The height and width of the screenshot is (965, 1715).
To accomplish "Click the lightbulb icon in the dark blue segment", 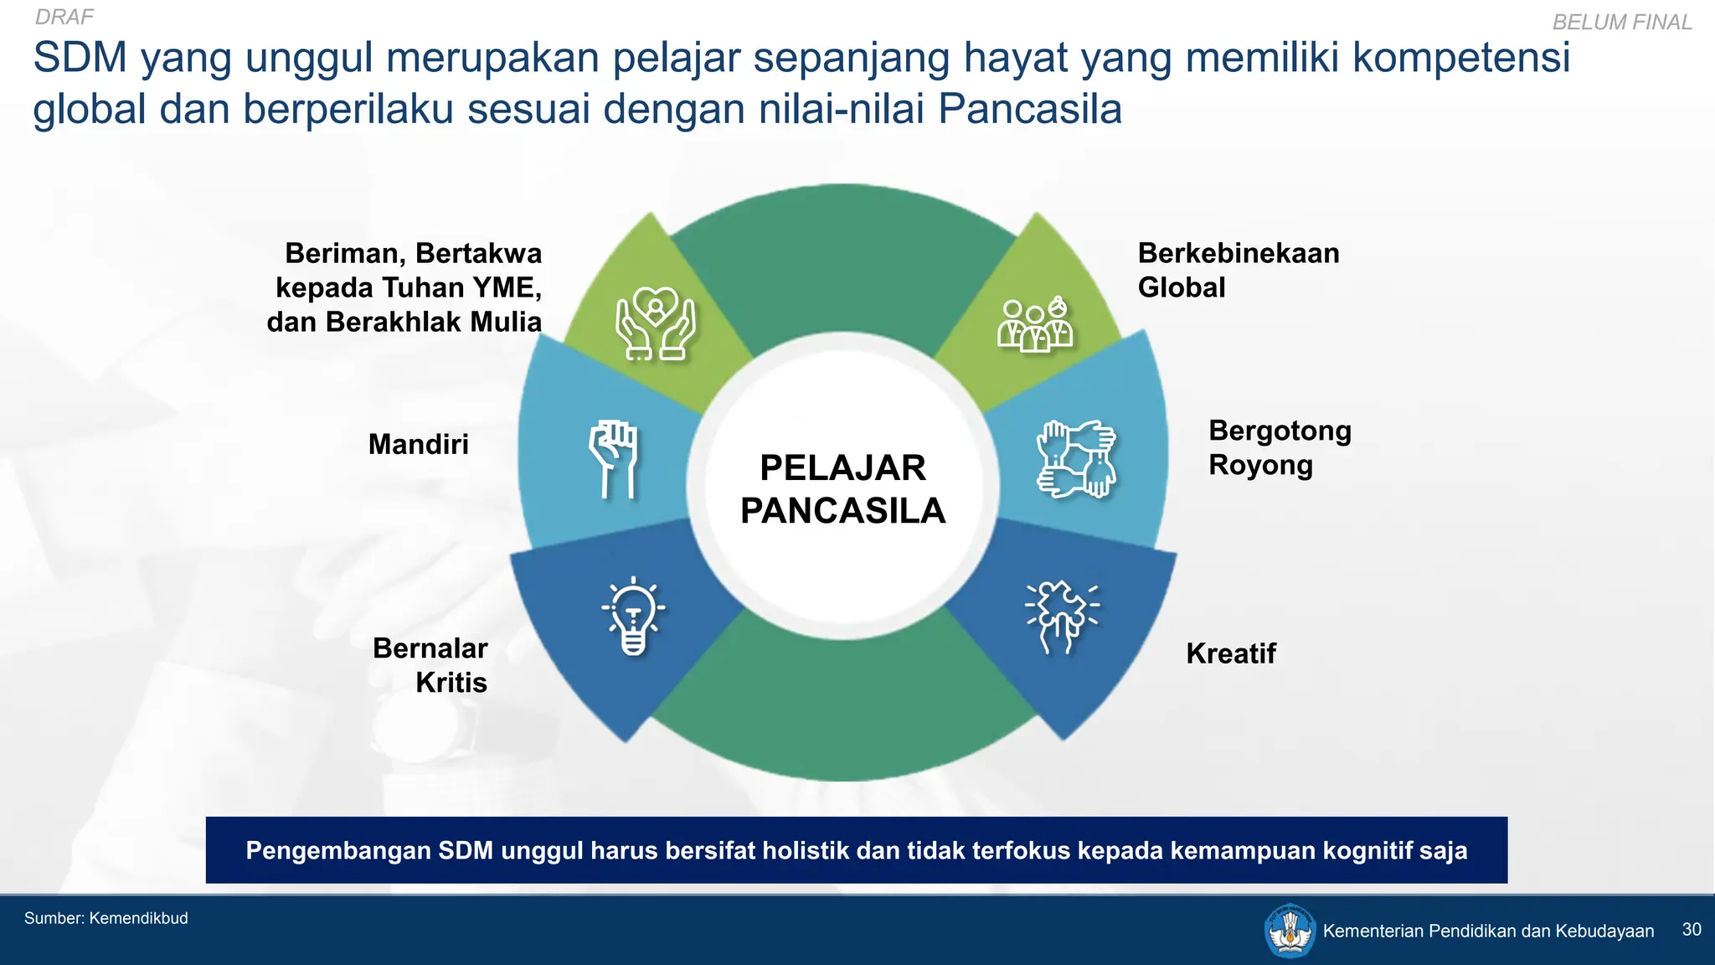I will pyautogui.click(x=634, y=617).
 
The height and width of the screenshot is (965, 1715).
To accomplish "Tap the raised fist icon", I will pyautogui.click(x=615, y=459).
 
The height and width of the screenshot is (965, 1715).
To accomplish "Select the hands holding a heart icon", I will pyautogui.click(x=656, y=323).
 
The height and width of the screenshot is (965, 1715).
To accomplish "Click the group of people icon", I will pyautogui.click(x=1035, y=324).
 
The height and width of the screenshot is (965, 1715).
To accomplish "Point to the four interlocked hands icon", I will pyautogui.click(x=1076, y=459).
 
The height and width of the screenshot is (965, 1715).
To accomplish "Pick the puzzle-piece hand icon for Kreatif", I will pyautogui.click(x=1062, y=617).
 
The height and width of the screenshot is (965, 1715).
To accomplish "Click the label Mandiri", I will pyautogui.click(x=418, y=444).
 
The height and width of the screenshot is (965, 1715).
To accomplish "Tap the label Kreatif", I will pyautogui.click(x=1230, y=653).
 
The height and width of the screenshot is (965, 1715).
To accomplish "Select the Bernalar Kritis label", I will pyautogui.click(x=430, y=665).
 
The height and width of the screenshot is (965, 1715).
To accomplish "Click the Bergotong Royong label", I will pyautogui.click(x=1279, y=447).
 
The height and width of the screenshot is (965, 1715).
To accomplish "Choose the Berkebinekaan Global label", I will pyautogui.click(x=1238, y=270).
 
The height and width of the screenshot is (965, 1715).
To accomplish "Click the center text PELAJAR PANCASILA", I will pyautogui.click(x=842, y=489).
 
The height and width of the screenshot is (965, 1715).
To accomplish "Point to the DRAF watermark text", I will pyautogui.click(x=64, y=17).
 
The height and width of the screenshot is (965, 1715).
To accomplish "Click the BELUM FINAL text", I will pyautogui.click(x=1621, y=22).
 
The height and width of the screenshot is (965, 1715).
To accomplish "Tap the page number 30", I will pyautogui.click(x=1691, y=930).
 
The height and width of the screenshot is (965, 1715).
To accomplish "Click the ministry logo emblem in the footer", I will pyautogui.click(x=1290, y=931).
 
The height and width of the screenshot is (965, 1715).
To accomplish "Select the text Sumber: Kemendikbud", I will pyautogui.click(x=106, y=918).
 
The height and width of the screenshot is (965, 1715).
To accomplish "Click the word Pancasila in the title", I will pyautogui.click(x=1029, y=109).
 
